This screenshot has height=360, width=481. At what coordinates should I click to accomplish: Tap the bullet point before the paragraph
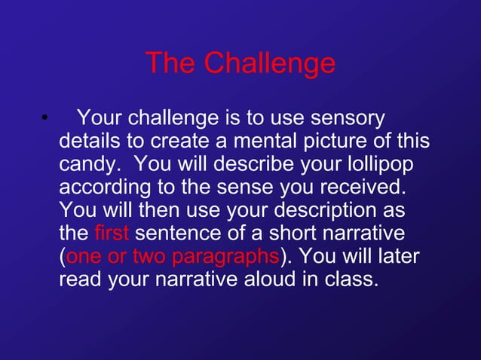[x=45, y=118]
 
